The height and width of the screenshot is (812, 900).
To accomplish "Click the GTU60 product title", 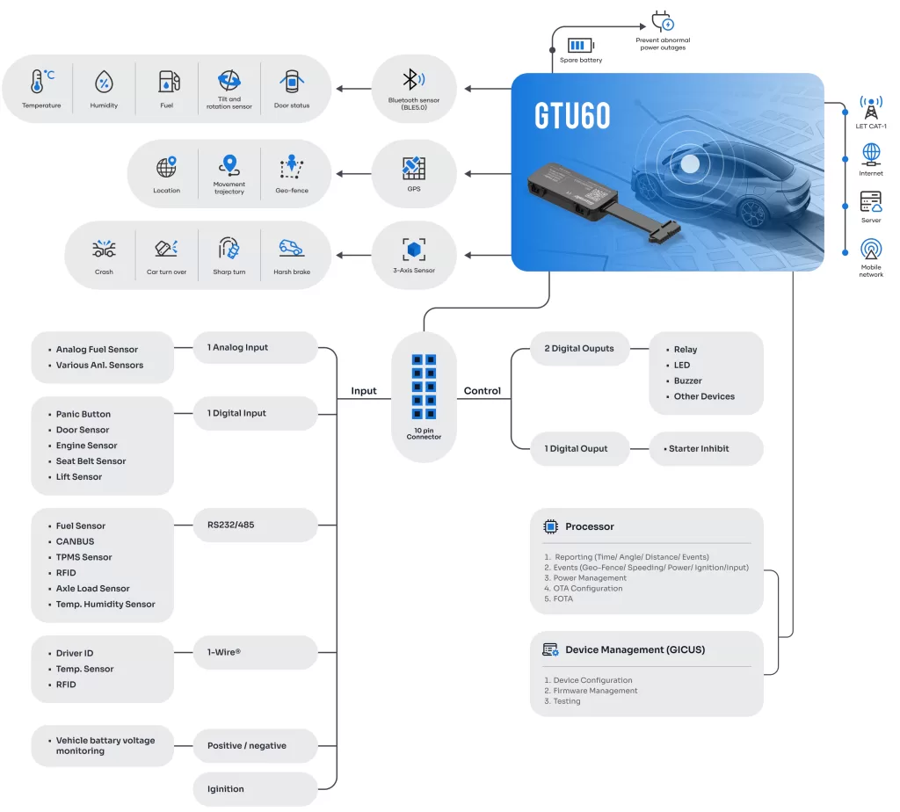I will click(572, 116).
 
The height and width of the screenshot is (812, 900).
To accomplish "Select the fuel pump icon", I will click(168, 82).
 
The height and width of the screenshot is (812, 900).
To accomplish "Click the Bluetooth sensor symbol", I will click(413, 80).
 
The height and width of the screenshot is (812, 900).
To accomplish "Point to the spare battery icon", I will click(580, 45).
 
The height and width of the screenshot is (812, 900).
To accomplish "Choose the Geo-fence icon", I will click(292, 166).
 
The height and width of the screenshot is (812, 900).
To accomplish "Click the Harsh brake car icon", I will click(291, 249).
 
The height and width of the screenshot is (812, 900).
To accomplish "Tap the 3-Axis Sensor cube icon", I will click(414, 249).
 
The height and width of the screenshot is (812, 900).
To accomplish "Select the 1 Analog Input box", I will click(255, 347).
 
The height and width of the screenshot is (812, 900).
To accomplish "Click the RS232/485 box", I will click(255, 526).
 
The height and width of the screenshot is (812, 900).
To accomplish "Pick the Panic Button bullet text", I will click(83, 414).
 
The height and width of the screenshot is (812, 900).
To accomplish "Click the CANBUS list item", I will click(75, 541).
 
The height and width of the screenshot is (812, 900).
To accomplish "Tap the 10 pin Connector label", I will click(424, 433).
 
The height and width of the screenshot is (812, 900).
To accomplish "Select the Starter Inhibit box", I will click(706, 448).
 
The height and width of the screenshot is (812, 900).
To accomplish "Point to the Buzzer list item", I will click(687, 381).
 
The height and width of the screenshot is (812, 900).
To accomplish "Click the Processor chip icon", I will click(551, 526).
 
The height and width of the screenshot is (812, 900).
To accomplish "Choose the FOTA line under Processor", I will click(562, 598).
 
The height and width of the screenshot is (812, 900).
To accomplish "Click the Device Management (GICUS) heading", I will click(635, 649).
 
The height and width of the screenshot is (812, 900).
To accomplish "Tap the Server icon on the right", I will click(871, 201).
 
